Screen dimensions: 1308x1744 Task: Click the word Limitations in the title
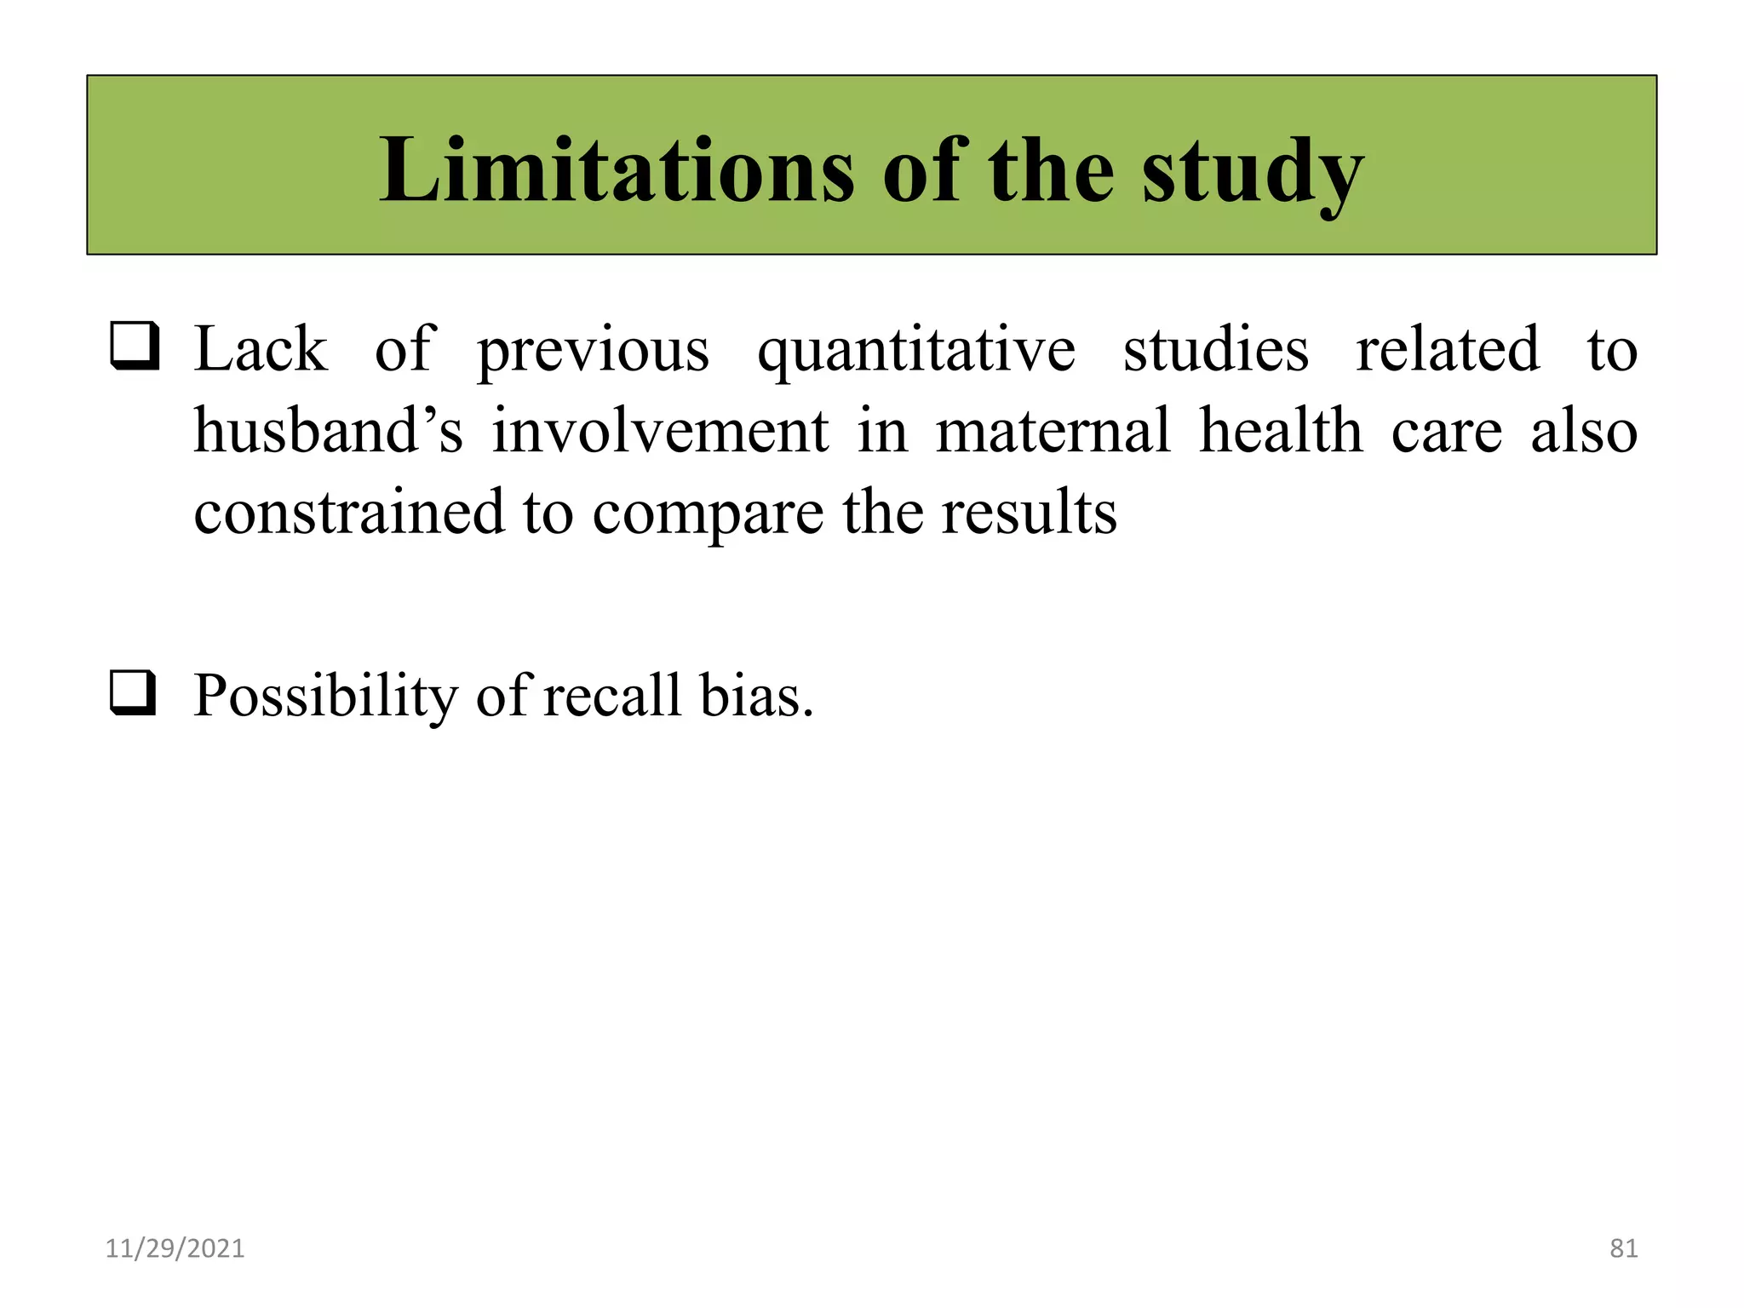click(x=617, y=170)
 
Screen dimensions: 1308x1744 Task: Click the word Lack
click(x=261, y=349)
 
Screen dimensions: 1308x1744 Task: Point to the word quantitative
click(x=915, y=351)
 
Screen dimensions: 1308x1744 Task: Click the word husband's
click(x=329, y=430)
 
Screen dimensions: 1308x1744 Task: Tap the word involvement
click(x=660, y=430)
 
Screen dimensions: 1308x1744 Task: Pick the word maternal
click(x=1053, y=430)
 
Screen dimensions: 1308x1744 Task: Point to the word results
click(x=1029, y=512)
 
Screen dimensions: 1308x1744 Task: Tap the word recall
click(x=612, y=695)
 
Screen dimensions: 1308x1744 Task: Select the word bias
click(x=756, y=695)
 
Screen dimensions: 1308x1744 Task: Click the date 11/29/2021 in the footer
click(x=175, y=1248)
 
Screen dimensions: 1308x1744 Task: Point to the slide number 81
click(x=1623, y=1248)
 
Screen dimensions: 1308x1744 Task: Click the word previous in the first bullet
click(x=593, y=351)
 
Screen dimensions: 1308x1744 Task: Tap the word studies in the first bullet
click(x=1215, y=349)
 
